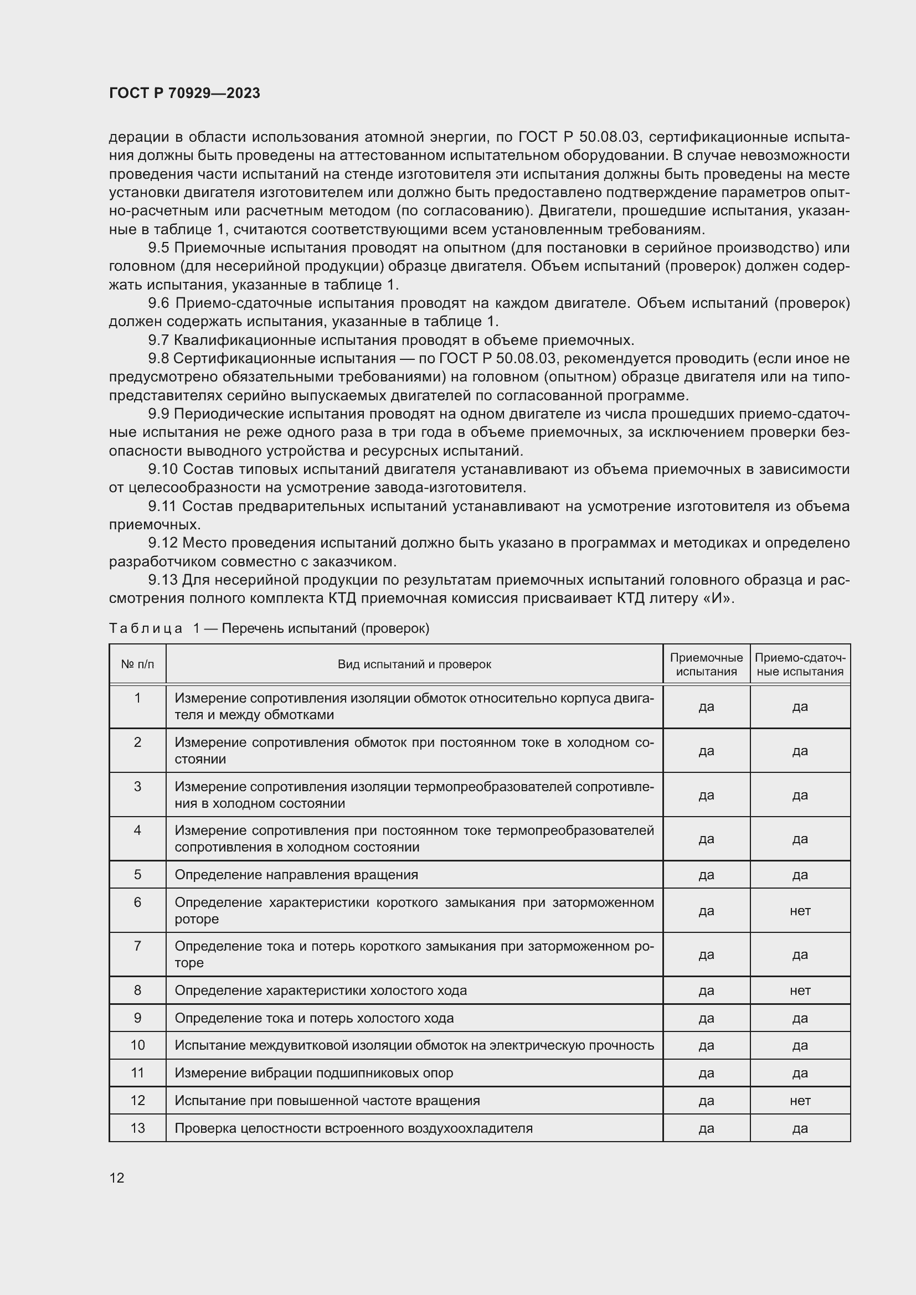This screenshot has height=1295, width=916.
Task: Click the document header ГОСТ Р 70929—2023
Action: coord(184,93)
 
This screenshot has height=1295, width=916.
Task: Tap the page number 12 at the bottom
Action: coord(117,1178)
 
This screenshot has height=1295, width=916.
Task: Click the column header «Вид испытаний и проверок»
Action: coord(414,664)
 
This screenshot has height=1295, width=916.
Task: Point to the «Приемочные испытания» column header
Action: coord(706,664)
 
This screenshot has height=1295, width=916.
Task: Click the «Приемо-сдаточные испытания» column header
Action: coord(799,664)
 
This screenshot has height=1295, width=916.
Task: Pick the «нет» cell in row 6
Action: coord(800,910)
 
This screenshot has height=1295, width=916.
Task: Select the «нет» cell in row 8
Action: coord(800,990)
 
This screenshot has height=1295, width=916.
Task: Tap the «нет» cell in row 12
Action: coord(800,1101)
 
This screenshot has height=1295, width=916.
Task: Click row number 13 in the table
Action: coord(138,1128)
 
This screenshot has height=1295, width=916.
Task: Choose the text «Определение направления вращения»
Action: coord(296,875)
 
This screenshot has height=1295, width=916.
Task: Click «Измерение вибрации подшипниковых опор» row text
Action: coord(313,1073)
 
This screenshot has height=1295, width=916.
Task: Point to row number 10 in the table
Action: coord(138,1045)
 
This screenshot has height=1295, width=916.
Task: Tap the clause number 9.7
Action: coord(158,340)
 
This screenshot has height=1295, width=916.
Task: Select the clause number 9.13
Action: coord(162,580)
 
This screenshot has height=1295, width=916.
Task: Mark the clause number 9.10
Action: coord(162,469)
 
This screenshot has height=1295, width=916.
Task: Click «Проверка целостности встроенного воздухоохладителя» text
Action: coord(353,1128)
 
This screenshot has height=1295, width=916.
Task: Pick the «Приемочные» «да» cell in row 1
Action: coord(706,706)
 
